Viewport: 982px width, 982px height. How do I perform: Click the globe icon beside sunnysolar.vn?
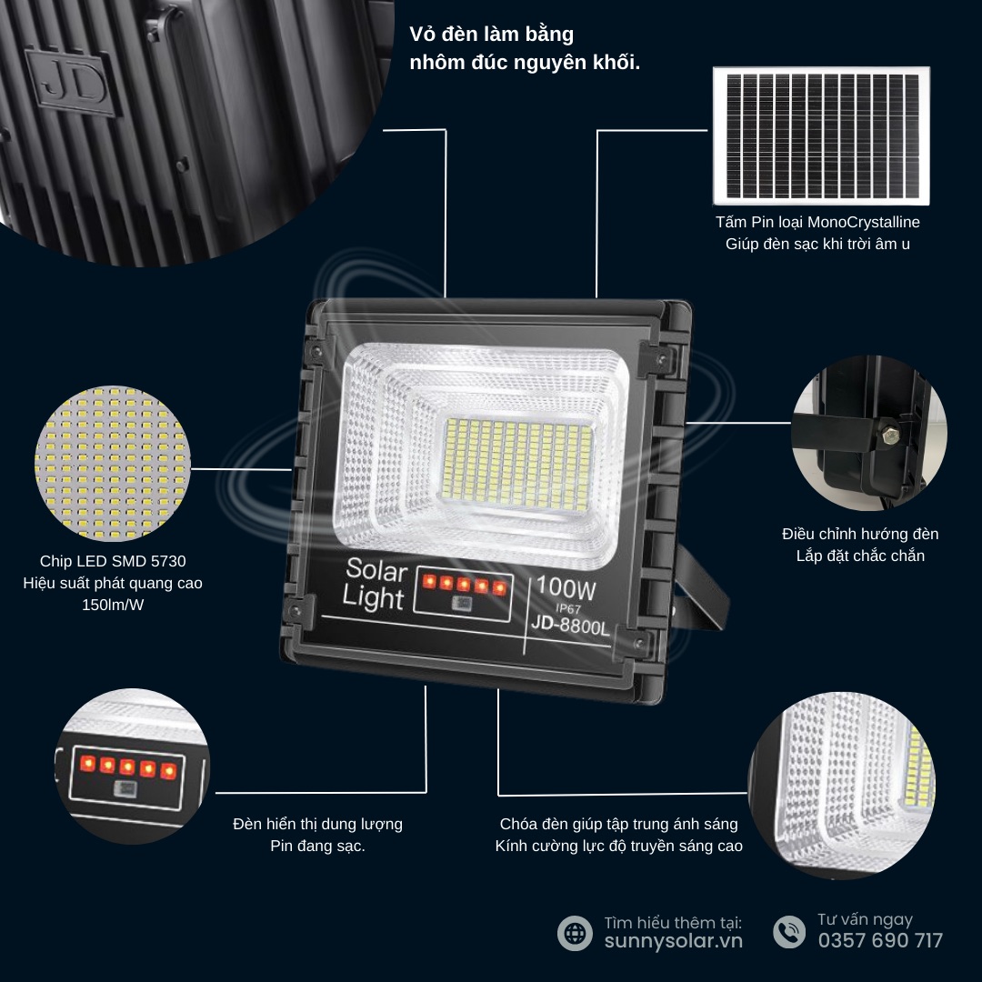(x=575, y=933)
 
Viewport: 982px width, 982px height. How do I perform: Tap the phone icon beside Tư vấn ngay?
(x=789, y=932)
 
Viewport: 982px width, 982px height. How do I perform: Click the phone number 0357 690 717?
(x=880, y=941)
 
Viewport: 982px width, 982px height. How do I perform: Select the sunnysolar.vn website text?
(x=673, y=941)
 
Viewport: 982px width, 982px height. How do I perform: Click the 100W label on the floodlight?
(x=566, y=587)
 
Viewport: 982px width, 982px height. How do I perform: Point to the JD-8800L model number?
(x=570, y=625)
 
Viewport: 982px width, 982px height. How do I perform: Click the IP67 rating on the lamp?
(x=568, y=608)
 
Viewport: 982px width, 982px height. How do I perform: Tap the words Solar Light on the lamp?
(x=375, y=584)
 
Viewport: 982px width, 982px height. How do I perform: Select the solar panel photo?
(x=821, y=135)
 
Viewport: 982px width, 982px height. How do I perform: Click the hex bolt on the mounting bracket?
(x=890, y=434)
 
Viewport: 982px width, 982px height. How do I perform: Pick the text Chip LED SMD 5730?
(x=113, y=561)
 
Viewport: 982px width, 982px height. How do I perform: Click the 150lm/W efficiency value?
(x=113, y=605)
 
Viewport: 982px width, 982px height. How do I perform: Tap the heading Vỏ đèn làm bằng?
(x=491, y=35)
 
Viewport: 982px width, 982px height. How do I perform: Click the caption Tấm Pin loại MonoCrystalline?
(x=817, y=223)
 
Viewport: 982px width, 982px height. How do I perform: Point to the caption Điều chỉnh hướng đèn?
(x=860, y=535)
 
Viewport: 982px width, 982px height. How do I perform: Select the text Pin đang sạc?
(x=317, y=847)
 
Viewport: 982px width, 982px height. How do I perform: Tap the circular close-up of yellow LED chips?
(x=113, y=463)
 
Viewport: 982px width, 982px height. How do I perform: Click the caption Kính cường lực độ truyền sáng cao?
(x=619, y=847)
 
